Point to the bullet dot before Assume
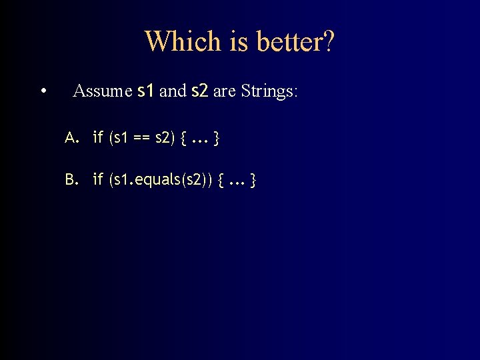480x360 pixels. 43,91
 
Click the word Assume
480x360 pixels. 102,91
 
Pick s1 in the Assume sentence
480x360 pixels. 145,91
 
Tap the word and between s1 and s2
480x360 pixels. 173,91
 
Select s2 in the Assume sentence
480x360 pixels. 200,91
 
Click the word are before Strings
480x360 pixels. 225,91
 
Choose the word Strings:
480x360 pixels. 269,91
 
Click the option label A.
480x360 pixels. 72,139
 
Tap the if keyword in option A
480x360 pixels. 98,139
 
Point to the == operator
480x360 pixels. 141,139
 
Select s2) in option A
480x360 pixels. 165,139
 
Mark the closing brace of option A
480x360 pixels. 217,139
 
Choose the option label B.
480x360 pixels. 72,179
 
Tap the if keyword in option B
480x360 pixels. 98,179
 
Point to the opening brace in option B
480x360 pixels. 221,179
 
